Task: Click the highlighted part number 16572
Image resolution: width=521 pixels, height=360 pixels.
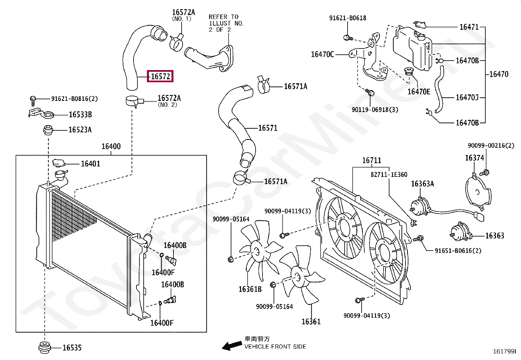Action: pos(160,76)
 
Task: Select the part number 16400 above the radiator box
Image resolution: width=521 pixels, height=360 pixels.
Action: pos(111,146)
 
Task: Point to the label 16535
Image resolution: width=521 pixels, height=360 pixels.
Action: pos(72,348)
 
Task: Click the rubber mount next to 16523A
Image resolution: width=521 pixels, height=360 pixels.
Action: pos(48,130)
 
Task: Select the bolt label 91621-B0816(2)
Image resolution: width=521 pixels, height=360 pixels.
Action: pos(74,99)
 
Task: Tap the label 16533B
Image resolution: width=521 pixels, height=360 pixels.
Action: pos(80,115)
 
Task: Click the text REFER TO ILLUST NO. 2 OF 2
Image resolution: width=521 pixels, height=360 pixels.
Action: pos(226,23)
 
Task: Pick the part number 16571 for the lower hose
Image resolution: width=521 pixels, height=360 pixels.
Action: pos(268,128)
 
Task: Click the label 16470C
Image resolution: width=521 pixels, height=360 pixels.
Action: pos(322,54)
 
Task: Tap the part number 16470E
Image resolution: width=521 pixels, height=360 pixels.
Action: pos(419,91)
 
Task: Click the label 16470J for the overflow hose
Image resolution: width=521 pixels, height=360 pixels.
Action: pos(467,97)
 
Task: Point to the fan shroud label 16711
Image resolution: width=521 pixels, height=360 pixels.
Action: pos(372,160)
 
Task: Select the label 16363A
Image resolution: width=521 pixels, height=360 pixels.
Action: pos(422,184)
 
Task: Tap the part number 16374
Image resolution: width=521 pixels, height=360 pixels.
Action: pos(475,158)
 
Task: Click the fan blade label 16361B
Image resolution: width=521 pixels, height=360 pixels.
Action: pos(250,289)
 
